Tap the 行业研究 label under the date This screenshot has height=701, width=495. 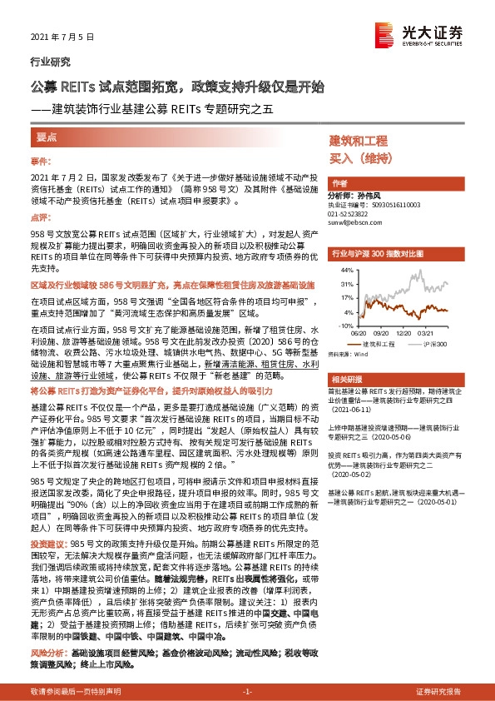[50, 62]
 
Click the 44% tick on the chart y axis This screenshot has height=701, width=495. [348, 271]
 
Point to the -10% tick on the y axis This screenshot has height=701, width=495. [347, 326]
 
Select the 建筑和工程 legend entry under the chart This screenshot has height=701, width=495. [378, 343]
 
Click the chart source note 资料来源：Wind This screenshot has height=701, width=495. [349, 353]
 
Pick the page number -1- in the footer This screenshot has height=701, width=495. [246, 692]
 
